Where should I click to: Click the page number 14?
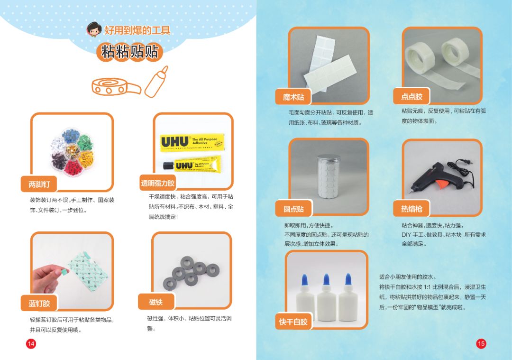click(31, 344)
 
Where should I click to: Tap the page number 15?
click(481, 344)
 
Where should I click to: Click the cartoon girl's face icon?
click(94, 29)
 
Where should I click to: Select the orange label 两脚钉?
click(39, 184)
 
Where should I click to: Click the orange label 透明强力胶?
click(158, 183)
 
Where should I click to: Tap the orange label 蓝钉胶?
click(39, 304)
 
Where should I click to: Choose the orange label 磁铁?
click(156, 302)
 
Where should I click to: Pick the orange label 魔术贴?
click(293, 97)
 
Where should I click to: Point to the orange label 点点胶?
click(411, 96)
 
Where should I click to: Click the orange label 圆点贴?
click(293, 209)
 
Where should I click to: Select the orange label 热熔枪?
click(411, 209)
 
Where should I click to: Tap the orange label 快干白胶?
click(293, 322)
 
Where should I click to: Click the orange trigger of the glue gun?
click(443, 184)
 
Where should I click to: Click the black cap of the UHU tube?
click(168, 166)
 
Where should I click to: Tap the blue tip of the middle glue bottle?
click(326, 280)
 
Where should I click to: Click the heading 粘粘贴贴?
click(129, 52)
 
